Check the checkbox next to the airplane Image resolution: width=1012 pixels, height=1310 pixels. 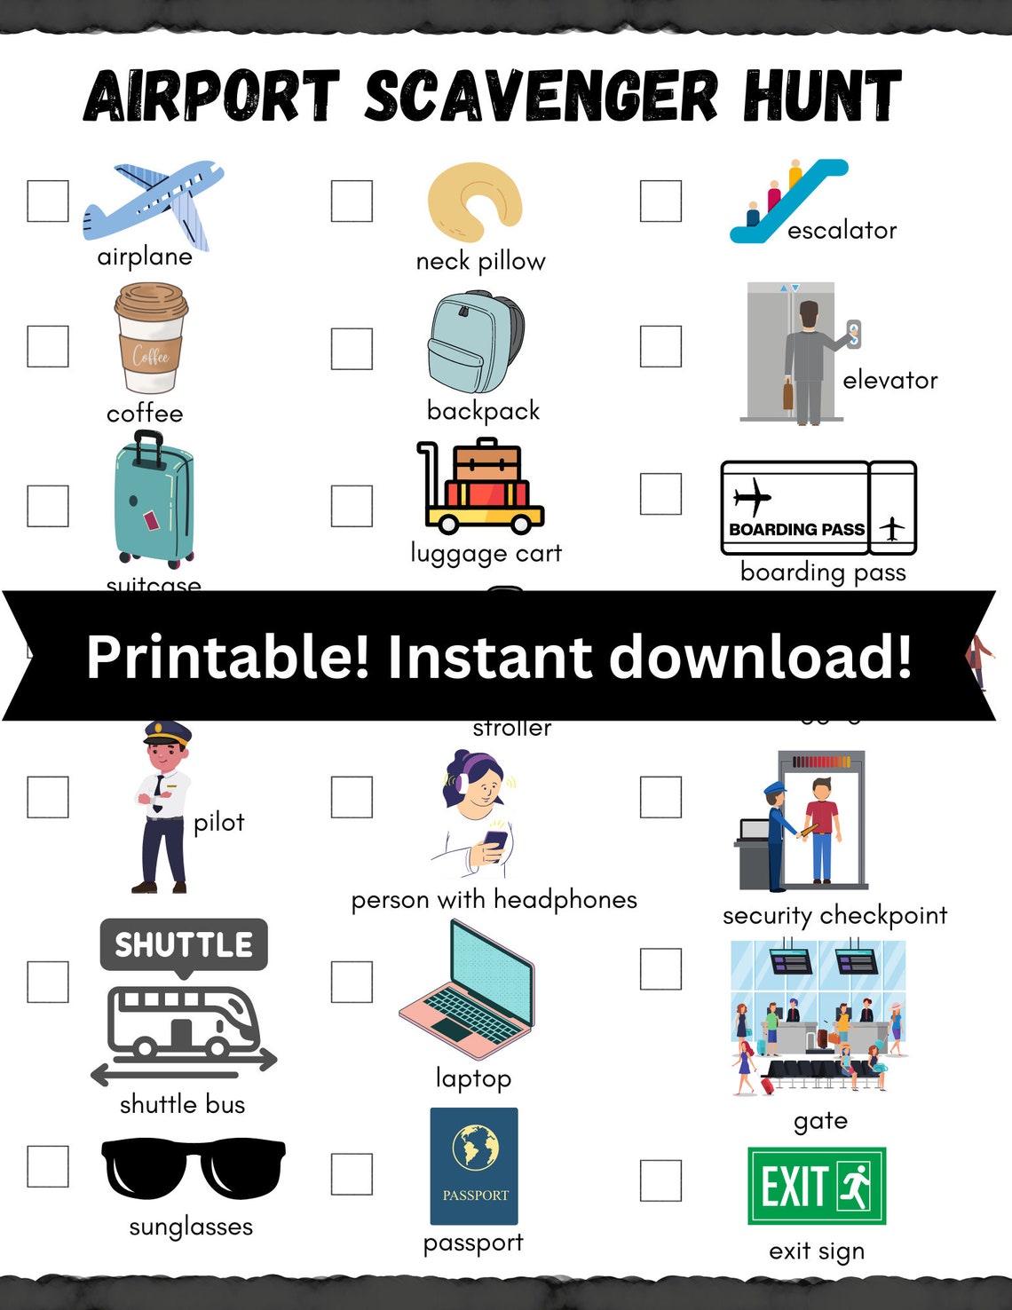tap(48, 201)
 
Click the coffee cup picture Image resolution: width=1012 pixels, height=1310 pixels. tap(150, 339)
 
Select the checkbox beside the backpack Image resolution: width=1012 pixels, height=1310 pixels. tap(352, 349)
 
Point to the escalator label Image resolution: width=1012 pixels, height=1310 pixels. tap(842, 231)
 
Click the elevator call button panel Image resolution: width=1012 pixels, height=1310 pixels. tap(853, 334)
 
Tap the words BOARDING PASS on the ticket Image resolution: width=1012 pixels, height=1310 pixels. tap(796, 530)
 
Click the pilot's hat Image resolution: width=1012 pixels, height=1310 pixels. tap(168, 733)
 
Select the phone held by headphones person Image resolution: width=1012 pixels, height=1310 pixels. tap(494, 841)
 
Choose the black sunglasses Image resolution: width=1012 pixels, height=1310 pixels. tap(194, 1167)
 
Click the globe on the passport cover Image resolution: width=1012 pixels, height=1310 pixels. tap(475, 1148)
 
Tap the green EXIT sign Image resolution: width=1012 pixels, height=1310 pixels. tap(816, 1186)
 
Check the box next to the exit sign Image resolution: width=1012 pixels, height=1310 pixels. tap(660, 1180)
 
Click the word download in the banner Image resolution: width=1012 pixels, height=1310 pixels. tap(760, 657)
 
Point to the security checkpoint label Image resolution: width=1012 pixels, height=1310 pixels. tap(834, 915)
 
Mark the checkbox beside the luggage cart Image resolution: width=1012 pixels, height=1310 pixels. tap(352, 506)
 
